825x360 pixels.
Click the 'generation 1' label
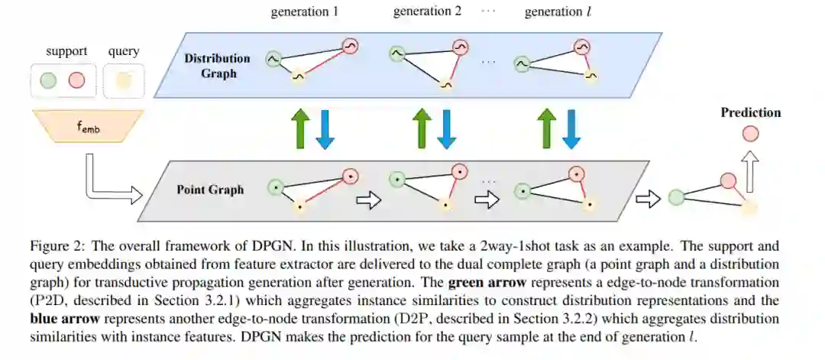click(x=305, y=13)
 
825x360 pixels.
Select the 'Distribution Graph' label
click(x=216, y=66)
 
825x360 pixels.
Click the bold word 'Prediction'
click(x=751, y=113)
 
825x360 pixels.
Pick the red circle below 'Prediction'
click(x=751, y=135)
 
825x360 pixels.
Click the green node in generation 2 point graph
click(x=396, y=180)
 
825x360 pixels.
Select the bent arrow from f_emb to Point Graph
click(x=111, y=183)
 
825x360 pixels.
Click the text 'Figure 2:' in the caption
click(x=55, y=247)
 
